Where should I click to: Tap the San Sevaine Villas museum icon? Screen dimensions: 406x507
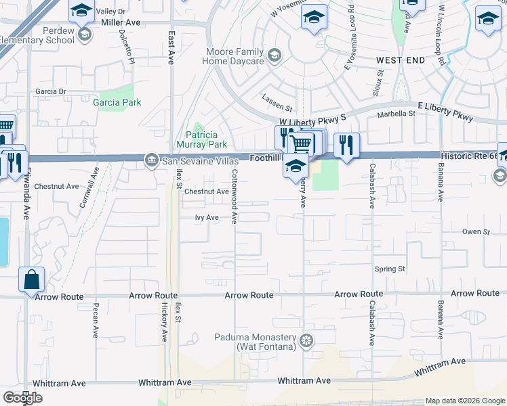coord(151,160)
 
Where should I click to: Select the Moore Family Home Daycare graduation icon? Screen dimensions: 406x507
coord(274,55)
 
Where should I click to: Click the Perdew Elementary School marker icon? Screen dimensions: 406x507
coord(85,34)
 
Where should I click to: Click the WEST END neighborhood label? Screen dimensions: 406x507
coord(401,60)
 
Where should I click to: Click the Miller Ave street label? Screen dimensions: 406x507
coord(120,22)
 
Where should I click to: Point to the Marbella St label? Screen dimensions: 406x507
coord(396,114)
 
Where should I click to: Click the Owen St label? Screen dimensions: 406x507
coord(476,232)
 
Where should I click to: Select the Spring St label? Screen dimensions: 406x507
coord(390,269)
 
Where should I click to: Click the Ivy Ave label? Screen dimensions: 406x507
coord(207,217)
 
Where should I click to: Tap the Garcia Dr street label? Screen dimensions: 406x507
coord(51,91)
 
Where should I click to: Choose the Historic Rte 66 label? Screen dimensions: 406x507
coord(468,156)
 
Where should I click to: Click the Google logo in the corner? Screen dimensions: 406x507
coord(22,398)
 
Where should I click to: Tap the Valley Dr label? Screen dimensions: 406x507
coord(111,12)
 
